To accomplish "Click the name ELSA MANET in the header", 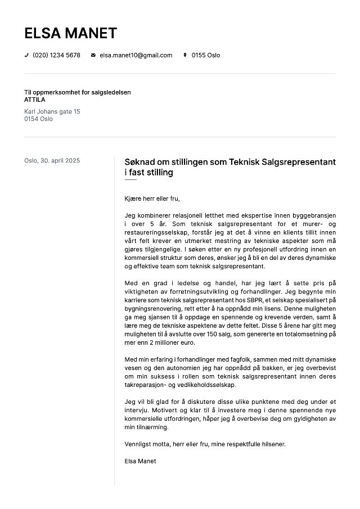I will coord(70,33).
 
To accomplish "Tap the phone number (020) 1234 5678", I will coord(56,55).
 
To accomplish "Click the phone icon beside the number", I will coord(26,55).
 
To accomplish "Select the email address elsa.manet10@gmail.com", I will coord(136,55).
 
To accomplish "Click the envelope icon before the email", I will coord(93,55).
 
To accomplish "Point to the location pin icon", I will coord(185,55).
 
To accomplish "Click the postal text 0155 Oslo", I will coord(206,55).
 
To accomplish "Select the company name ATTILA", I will coord(35,100).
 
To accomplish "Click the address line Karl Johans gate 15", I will coord(52,111).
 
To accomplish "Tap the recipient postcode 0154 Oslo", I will coord(38,119).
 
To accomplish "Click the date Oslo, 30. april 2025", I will coord(52,161).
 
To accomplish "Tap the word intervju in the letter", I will coord(136,410).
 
